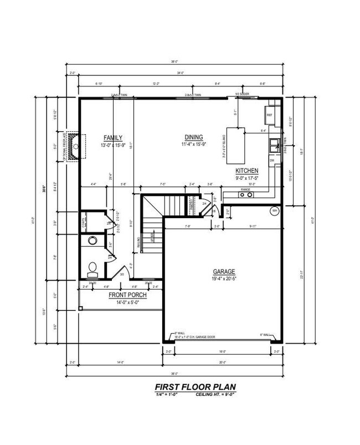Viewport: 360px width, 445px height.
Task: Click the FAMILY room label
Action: pos(113,138)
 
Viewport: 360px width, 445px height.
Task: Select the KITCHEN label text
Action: pos(246,170)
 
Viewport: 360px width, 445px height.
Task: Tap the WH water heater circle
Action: pos(275,211)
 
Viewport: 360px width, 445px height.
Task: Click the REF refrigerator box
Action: pos(270,115)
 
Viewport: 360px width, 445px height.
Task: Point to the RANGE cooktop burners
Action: pos(245,195)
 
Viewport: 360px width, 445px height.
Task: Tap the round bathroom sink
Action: pos(92,241)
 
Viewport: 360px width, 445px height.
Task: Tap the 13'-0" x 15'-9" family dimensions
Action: pos(113,145)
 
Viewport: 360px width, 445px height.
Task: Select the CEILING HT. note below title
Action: pos(219,396)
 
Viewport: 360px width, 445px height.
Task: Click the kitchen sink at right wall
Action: pos(274,146)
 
